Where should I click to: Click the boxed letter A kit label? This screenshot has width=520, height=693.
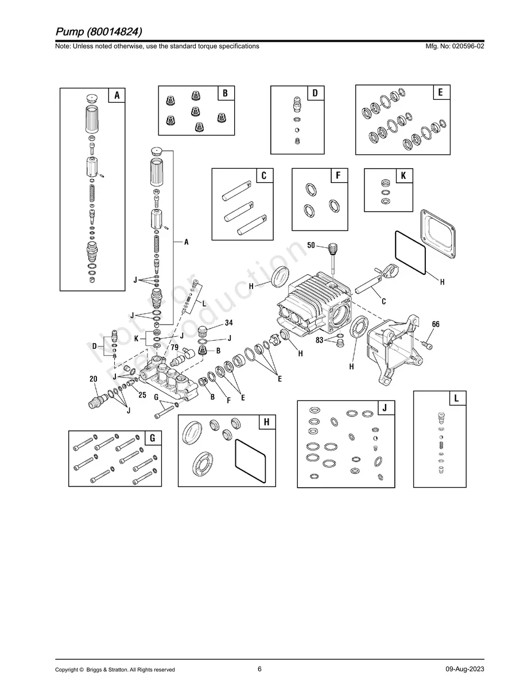click(117, 95)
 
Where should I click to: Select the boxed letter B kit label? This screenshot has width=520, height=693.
click(226, 93)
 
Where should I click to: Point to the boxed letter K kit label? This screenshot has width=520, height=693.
click(403, 176)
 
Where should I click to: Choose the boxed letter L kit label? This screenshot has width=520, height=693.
click(456, 398)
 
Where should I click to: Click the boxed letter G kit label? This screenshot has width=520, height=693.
click(152, 438)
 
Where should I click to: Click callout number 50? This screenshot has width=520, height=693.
click(311, 245)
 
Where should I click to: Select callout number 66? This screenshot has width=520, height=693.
click(436, 324)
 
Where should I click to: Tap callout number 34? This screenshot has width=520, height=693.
click(228, 322)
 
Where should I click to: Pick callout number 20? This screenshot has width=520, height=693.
click(93, 379)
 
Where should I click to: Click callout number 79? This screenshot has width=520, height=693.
click(174, 348)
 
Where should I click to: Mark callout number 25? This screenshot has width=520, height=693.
click(142, 394)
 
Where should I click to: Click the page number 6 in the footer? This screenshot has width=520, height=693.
click(259, 669)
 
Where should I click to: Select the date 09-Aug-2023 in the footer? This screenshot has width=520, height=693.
click(464, 669)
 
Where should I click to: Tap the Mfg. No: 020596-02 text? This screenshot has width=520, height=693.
click(453, 46)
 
